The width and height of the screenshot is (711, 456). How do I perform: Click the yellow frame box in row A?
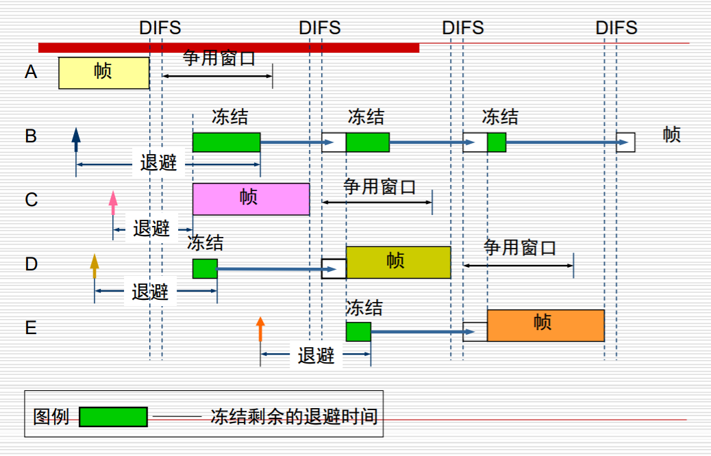coord(103,73)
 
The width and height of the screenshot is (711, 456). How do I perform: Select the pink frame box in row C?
coord(251,199)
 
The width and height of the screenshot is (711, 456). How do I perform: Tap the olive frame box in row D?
coord(398,262)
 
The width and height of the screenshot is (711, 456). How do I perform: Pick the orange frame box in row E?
coord(545,325)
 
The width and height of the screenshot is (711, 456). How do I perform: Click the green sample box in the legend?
coord(113,416)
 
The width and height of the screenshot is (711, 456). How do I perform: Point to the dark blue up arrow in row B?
coord(76,138)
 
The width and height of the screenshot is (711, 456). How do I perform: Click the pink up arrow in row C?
coord(113,203)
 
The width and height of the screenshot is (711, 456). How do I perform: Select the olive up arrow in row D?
coord(95,266)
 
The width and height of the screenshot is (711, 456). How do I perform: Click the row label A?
coord(31,72)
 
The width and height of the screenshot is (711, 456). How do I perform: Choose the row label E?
coord(31,328)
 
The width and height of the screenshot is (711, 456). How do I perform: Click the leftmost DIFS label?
coord(160,28)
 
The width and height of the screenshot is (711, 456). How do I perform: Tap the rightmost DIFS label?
coord(616,28)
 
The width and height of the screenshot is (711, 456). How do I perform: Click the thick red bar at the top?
coord(228,47)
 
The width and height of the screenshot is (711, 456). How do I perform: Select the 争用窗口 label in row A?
coord(219,59)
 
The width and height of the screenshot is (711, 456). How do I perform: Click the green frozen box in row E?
coord(358,331)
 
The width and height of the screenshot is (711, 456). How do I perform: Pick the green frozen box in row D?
coord(205,268)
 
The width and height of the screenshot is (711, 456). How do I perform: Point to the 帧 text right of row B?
coord(672,134)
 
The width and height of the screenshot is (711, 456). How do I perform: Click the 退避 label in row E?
coord(316,355)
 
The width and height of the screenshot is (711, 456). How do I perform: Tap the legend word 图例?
coord(51,416)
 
